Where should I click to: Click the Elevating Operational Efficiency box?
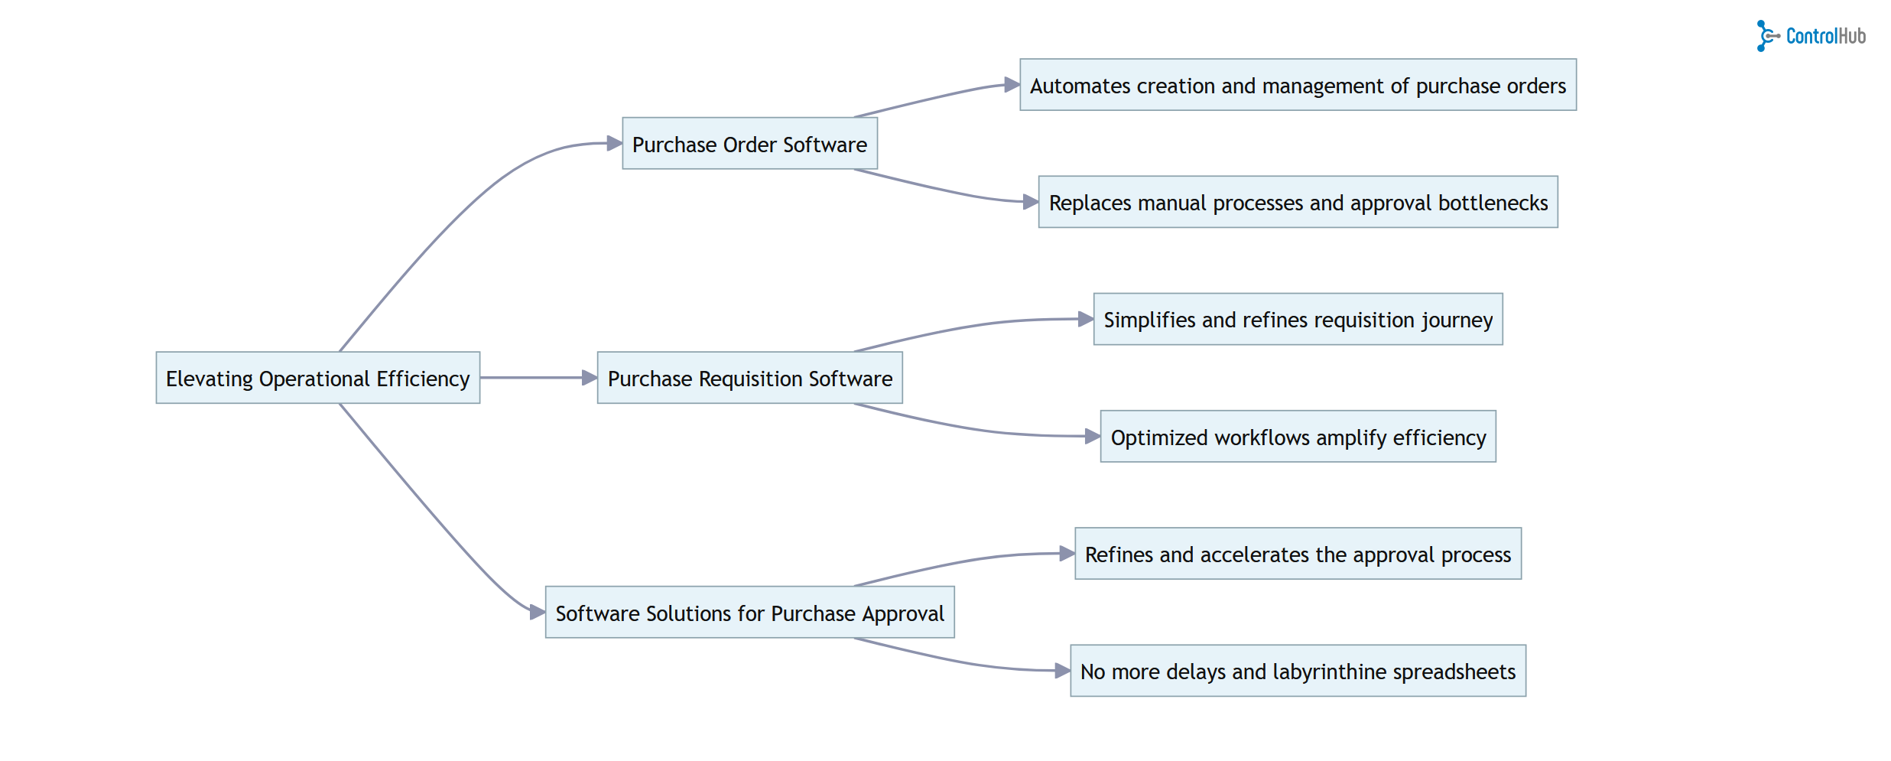317,378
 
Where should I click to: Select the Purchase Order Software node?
749,144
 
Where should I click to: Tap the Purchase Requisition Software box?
749,378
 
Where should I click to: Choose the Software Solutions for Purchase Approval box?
749,613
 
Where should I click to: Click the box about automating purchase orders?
1298,85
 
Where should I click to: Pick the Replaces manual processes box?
1298,202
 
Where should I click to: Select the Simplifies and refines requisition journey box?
1298,319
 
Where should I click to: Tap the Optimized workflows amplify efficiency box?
1298,437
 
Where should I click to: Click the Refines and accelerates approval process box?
1298,554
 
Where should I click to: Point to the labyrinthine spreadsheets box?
1298,671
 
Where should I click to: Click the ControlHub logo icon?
1766,36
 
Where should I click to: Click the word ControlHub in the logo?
1826,36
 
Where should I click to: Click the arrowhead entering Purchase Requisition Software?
590,378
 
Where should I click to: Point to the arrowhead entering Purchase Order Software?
615,143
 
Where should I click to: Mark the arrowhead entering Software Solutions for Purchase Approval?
538,612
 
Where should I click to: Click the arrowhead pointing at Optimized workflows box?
1093,437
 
